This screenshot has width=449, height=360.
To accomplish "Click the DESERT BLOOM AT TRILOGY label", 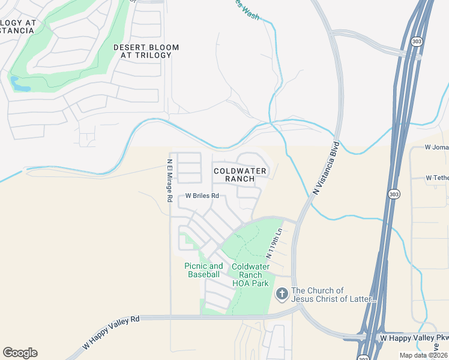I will pyautogui.click(x=142, y=51).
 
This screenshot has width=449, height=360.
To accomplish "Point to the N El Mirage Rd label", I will pyautogui.click(x=170, y=179).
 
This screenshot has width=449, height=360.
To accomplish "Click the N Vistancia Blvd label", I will pyautogui.click(x=327, y=168).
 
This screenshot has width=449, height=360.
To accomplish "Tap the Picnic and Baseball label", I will pyautogui.click(x=203, y=270).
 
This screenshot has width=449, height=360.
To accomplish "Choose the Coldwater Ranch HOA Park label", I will pyautogui.click(x=250, y=275).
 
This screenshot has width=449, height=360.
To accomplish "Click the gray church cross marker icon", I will pyautogui.click(x=282, y=294).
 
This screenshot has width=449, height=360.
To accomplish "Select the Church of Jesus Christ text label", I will pyautogui.click(x=334, y=295).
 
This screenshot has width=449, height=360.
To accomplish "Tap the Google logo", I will pyautogui.click(x=20, y=353).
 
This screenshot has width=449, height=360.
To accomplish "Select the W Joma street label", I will pyautogui.click(x=436, y=146).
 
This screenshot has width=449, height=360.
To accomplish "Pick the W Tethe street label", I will pyautogui.click(x=437, y=178).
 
